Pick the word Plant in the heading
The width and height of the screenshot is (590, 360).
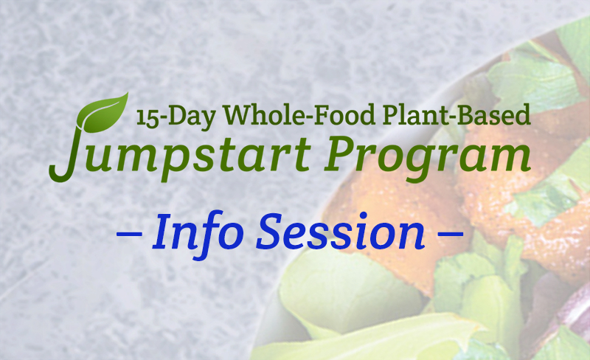[404, 116]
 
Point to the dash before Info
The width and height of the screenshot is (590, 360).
[130, 235]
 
